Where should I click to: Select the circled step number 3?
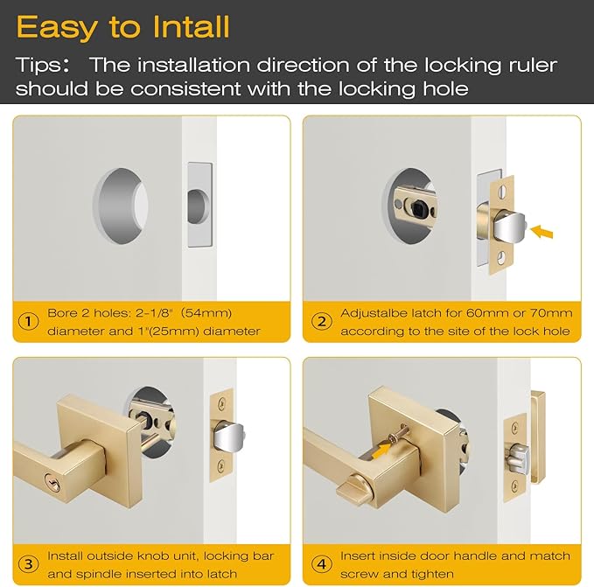click(29, 563)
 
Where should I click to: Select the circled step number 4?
click(321, 563)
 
